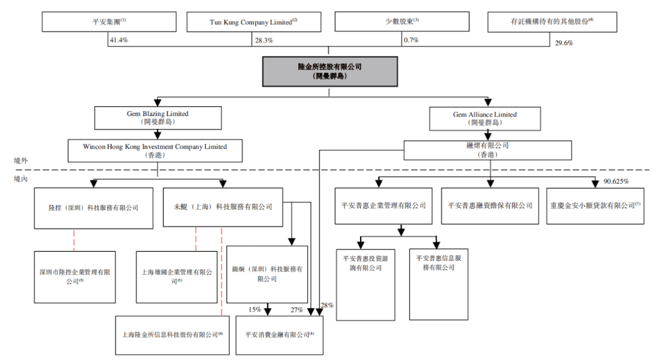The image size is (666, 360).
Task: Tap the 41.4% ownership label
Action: tap(118, 39)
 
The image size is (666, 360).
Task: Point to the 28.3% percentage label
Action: tap(264, 40)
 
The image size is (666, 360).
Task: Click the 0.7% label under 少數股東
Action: tap(411, 39)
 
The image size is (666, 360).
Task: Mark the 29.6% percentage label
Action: tap(564, 43)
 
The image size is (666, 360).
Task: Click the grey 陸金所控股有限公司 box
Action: tap(330, 71)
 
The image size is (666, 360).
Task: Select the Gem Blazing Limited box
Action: tap(157, 118)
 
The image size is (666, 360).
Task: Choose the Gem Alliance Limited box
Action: tap(485, 118)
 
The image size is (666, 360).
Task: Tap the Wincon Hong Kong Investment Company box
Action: tap(155, 150)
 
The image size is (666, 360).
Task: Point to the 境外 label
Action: tap(21, 160)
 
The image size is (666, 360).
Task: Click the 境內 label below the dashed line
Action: tap(21, 179)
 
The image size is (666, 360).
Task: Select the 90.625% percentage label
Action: tap(617, 181)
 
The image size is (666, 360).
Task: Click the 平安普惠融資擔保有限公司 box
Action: tap(490, 206)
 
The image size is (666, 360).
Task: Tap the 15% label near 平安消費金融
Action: tap(255, 310)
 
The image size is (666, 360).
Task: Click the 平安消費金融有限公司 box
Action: tap(280, 335)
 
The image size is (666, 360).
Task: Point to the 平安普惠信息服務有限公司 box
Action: tap(438, 284)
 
